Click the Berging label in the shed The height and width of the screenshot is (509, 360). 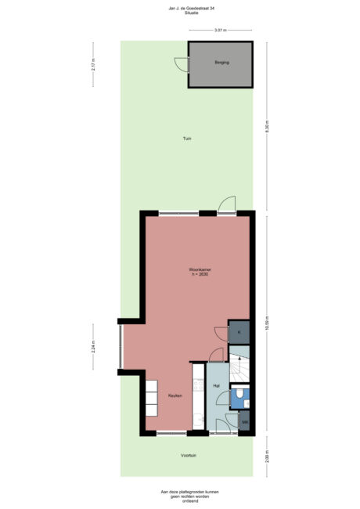(221, 63)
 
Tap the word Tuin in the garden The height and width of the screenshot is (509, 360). (187, 139)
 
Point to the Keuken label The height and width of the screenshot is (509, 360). (175, 395)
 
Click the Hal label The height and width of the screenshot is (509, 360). (215, 386)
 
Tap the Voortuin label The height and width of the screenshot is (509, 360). (188, 454)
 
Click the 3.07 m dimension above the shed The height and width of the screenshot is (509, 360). (220, 30)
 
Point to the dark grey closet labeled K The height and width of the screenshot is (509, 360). (239, 333)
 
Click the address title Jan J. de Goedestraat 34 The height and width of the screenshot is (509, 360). (181, 8)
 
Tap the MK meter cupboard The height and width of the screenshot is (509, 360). (244, 423)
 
